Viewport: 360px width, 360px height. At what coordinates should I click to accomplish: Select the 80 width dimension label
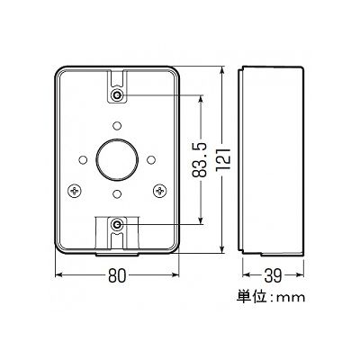[117, 275]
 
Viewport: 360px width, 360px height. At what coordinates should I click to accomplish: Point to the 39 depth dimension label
[273, 274]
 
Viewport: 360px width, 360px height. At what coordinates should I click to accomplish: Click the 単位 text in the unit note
[252, 297]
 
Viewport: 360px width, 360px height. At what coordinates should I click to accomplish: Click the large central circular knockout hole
[117, 159]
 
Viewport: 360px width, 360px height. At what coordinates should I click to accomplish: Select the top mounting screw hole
[117, 96]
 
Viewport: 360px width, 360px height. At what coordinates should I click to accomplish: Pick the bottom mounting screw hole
[117, 224]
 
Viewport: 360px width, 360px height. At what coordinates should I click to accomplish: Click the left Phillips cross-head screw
[75, 190]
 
